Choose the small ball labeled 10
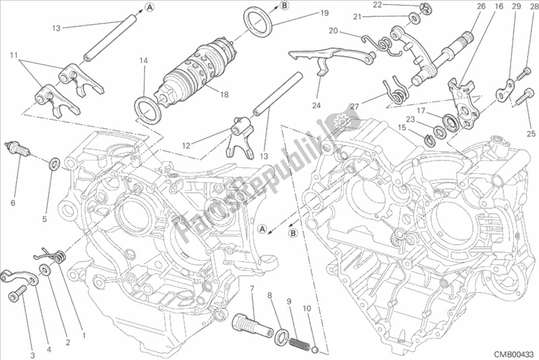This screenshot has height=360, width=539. point(314,349)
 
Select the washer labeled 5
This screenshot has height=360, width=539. point(54,162)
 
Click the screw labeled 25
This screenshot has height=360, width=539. point(523,100)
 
